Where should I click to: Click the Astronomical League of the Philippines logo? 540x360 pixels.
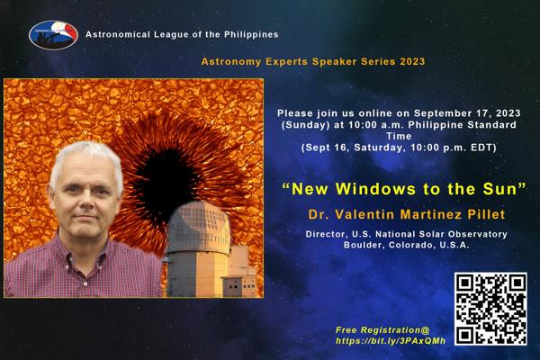tap(53, 35)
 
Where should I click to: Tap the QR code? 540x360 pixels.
tap(490, 309)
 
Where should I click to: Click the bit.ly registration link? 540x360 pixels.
tap(391, 341)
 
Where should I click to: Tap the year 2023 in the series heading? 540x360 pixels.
tap(412, 62)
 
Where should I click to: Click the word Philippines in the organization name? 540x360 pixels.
tap(251, 34)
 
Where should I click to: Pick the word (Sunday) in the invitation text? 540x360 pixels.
tap(306, 125)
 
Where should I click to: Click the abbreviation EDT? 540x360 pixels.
tap(482, 148)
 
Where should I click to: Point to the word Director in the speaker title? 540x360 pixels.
tap(327, 234)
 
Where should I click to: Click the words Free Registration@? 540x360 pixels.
tap(382, 330)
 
